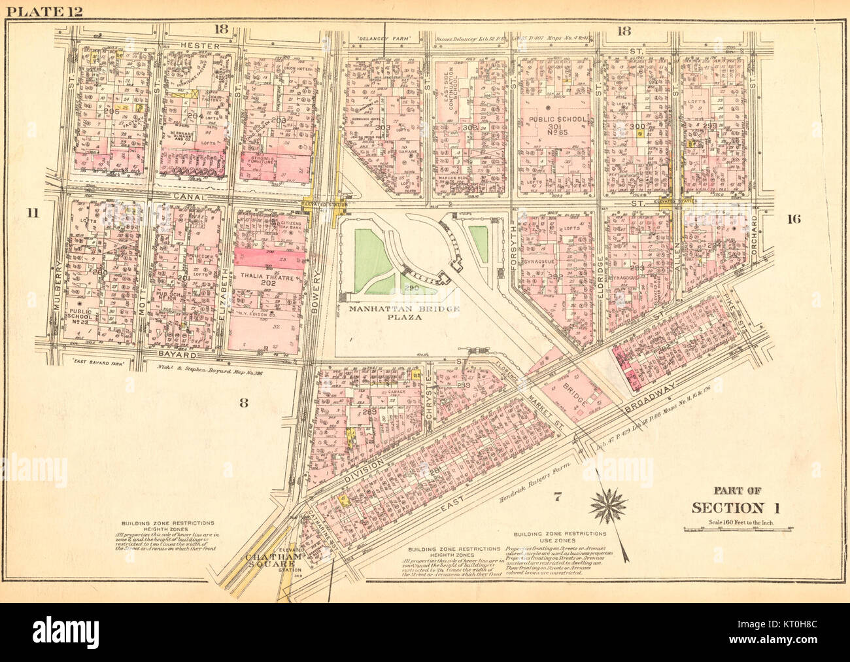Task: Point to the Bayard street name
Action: pyautogui.click(x=177, y=355)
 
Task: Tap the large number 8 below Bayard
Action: pyautogui.click(x=243, y=403)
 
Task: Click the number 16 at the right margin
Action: pyautogui.click(x=793, y=220)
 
